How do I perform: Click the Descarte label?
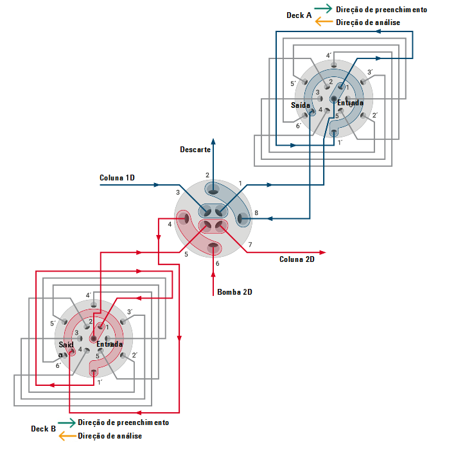195,150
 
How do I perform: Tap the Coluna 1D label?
117,178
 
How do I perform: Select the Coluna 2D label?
297,259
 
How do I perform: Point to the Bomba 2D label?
234,292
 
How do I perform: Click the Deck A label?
299,15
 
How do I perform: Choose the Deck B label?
43,429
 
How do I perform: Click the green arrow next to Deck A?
323,8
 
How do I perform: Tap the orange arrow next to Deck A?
324,22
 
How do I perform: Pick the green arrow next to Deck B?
67,422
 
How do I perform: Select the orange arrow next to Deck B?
67,436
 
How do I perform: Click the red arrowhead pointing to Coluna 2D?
322,252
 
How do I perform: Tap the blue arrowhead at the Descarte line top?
213,141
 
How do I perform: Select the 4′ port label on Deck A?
329,55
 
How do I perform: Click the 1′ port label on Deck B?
100,382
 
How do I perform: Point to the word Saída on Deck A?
301,105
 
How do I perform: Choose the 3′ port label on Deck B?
130,312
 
